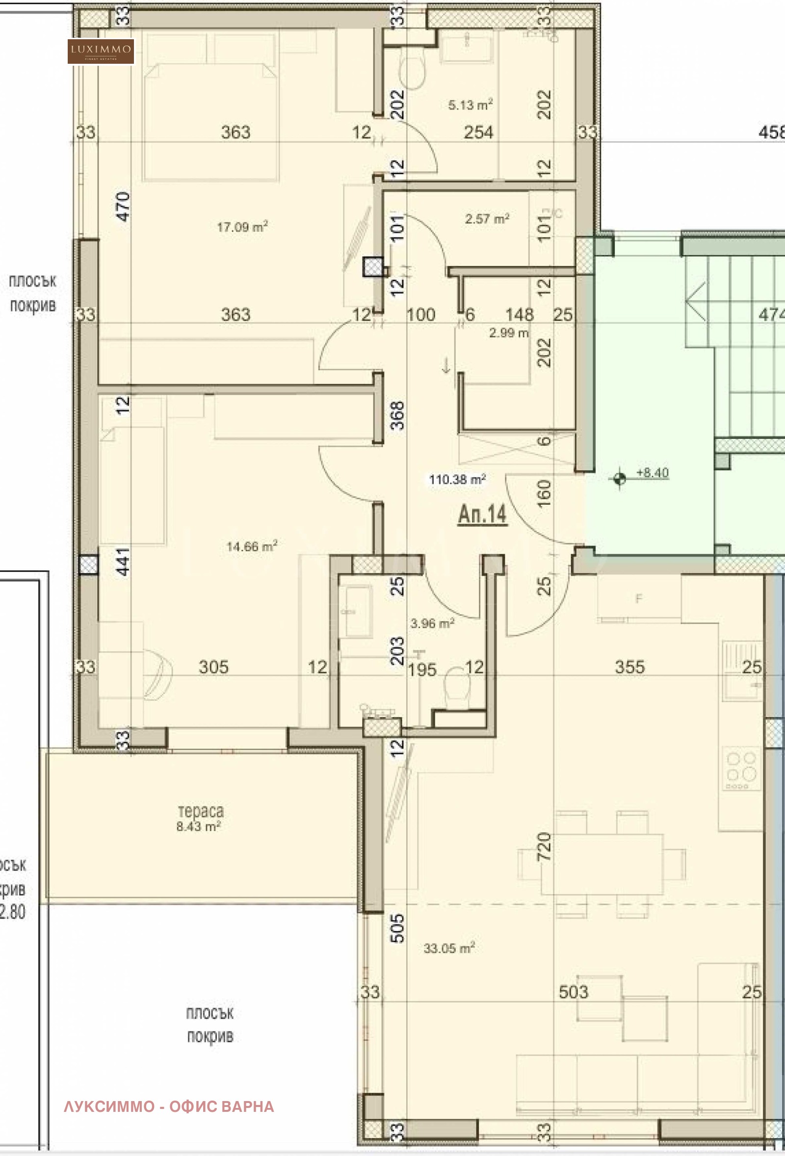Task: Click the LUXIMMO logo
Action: (101, 51)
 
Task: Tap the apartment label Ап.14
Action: (482, 514)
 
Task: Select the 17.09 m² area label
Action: (242, 227)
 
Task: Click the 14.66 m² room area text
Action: (252, 546)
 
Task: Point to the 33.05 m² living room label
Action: (449, 948)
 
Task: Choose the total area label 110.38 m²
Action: (457, 479)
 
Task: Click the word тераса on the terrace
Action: (201, 811)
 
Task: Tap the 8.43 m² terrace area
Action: (199, 826)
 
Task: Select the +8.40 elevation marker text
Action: (653, 472)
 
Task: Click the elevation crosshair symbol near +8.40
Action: (620, 479)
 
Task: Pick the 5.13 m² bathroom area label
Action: (470, 105)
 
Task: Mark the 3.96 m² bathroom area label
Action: (432, 623)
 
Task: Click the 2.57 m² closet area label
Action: (487, 218)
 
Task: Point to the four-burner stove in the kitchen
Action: (741, 768)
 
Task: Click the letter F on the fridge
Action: (639, 599)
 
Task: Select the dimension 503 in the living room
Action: (573, 992)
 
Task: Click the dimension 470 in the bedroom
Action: (123, 206)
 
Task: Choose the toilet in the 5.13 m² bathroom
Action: (413, 72)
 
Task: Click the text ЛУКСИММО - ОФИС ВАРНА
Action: (169, 1106)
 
